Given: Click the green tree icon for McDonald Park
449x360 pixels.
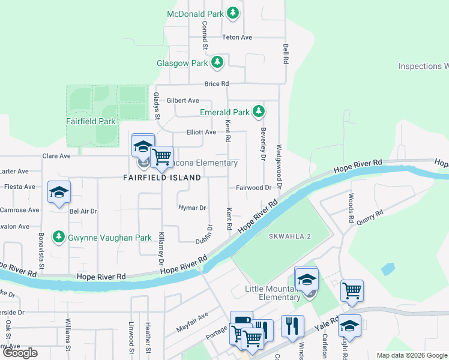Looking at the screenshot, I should coord(233,13).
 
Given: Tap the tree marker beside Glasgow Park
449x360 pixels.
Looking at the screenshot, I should coord(217,63).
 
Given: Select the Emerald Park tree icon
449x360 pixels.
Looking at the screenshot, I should coord(259,112).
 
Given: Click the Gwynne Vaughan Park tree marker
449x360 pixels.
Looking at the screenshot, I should coord(59,238).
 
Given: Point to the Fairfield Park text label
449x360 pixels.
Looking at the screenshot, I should coord(90,121).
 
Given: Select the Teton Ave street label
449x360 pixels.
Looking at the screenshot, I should coord(237,37).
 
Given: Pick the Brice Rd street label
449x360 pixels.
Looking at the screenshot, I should coord(217,84).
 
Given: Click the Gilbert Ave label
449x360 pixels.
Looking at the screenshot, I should coord(182,100).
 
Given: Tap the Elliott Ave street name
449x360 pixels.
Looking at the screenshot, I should coord(200,132).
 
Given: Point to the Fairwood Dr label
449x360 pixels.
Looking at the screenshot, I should coord(253,187).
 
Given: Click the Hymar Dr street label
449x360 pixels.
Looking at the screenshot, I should coord(192,208).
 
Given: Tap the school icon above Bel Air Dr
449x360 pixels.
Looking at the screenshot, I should coord(59,193).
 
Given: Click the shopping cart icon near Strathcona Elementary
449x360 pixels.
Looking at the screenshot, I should coord(161,157).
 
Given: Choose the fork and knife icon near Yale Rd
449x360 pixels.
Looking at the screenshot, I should coord(292,326).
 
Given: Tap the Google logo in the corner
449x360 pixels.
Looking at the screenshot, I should coord(20,353).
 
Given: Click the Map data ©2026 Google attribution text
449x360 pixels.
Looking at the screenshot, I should coord(411,355).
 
